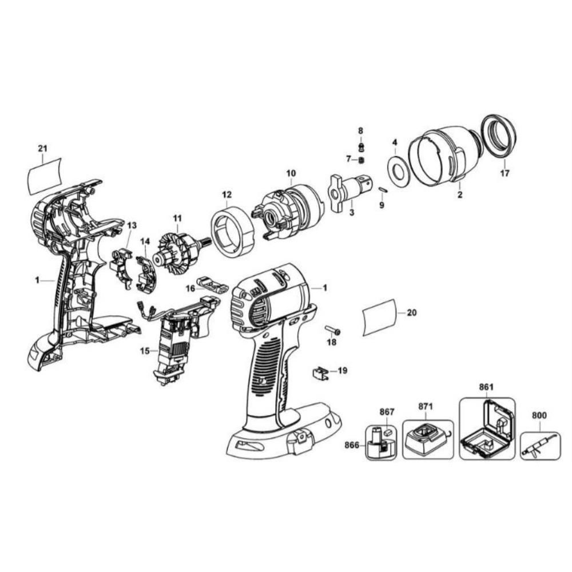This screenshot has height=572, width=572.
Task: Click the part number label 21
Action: click(43, 149)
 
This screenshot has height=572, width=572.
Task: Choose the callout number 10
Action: click(291, 173)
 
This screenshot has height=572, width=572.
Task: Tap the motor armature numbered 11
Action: click(178, 250)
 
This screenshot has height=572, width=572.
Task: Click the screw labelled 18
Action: click(333, 331)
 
